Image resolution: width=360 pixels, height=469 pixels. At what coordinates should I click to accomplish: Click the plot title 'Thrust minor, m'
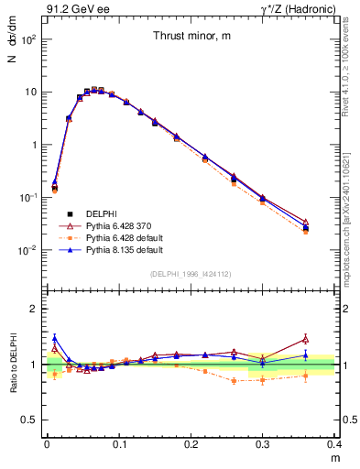(x=191, y=36)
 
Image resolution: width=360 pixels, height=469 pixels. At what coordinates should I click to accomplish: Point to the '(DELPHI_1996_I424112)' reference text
(x=191, y=273)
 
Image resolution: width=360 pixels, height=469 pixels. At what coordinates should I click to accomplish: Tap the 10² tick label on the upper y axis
(x=28, y=39)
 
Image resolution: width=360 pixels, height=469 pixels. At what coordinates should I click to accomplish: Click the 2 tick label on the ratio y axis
(x=36, y=309)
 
